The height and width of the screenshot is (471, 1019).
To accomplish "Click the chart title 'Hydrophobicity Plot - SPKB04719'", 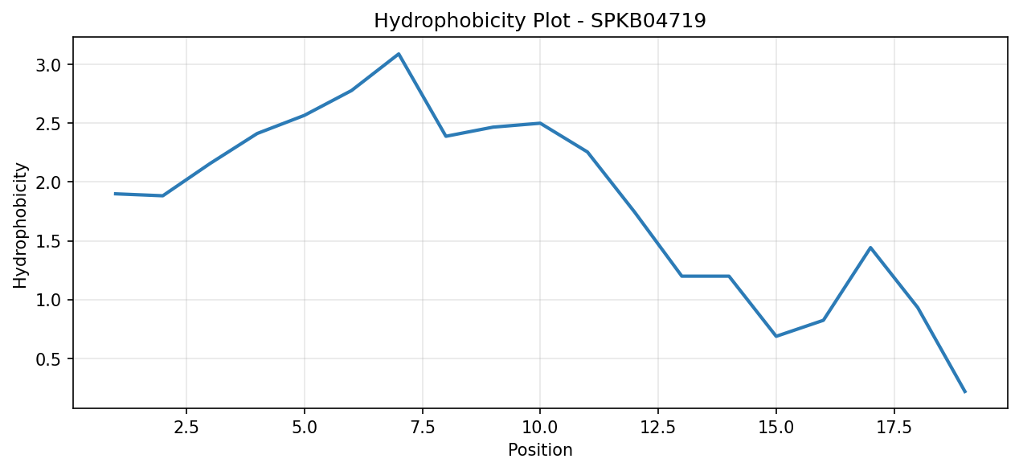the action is (x=539, y=21).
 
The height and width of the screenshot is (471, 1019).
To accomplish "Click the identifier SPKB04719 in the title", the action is (x=649, y=20).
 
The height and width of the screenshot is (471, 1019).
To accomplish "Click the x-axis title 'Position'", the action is (x=540, y=450).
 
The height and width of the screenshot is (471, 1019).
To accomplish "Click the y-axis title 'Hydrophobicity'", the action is (x=20, y=225).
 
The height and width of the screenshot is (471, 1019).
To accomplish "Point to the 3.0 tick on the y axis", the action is (x=48, y=64).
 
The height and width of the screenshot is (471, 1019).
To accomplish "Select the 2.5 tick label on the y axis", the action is (x=48, y=123).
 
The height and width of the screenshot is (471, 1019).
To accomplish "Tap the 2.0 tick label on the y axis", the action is (x=48, y=182).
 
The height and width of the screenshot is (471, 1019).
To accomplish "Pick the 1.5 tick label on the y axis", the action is (x=48, y=241).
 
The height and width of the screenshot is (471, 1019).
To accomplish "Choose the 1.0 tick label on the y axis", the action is (x=48, y=300).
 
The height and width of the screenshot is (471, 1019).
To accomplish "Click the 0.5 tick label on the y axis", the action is (x=48, y=359).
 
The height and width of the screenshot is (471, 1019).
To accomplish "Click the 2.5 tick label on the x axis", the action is (x=186, y=428).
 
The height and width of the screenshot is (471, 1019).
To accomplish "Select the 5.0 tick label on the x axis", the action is (x=305, y=428).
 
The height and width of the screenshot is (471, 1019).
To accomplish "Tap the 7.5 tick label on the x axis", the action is (x=423, y=428).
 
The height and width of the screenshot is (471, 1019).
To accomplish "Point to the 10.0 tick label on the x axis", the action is (x=540, y=428).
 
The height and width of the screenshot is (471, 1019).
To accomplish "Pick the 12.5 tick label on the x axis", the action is (x=658, y=428).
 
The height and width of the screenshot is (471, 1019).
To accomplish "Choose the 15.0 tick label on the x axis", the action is (x=776, y=428).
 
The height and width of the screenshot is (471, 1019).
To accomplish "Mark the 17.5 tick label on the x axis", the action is (x=894, y=428).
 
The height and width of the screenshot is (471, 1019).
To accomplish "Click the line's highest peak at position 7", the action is (x=399, y=54).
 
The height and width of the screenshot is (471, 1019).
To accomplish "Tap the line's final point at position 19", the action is (x=965, y=391).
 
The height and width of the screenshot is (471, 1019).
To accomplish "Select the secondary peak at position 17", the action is (x=870, y=248).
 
